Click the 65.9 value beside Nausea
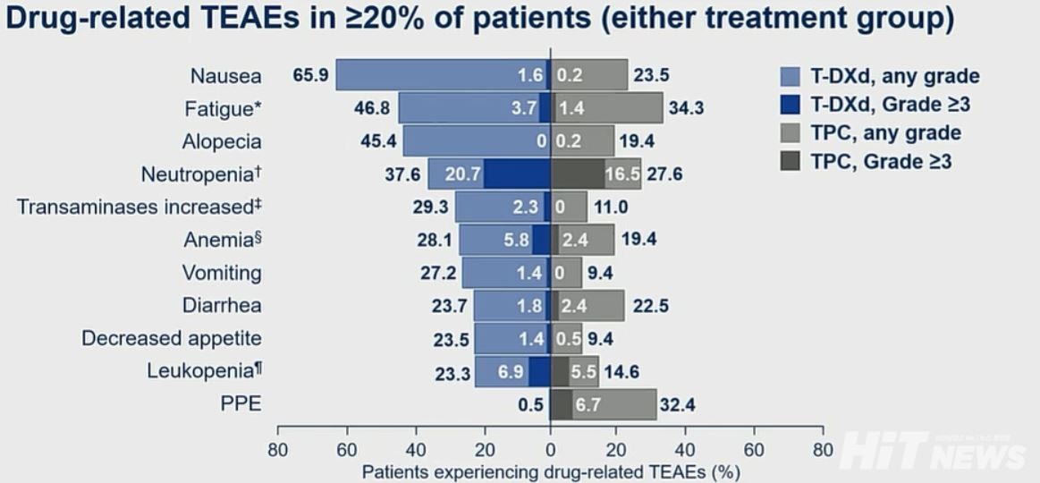coord(309,75)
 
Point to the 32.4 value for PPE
coord(677,404)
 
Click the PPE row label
coord(241,403)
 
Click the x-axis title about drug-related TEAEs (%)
coord(551,470)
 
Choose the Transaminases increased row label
coord(140,207)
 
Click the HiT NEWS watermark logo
coord(934,450)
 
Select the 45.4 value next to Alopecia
coord(375,141)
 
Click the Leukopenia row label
coord(205,370)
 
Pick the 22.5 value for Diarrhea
coord(649,306)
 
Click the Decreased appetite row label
coord(172,338)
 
